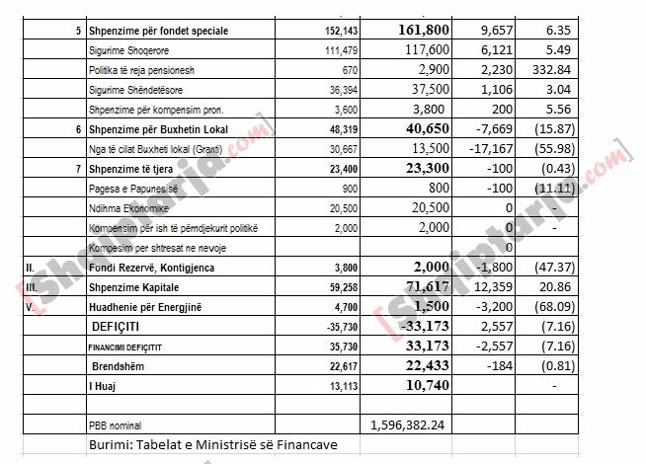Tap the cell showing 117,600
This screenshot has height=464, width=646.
(x=426, y=50)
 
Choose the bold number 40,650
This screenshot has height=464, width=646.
(x=427, y=128)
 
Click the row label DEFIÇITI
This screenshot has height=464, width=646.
(x=116, y=326)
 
